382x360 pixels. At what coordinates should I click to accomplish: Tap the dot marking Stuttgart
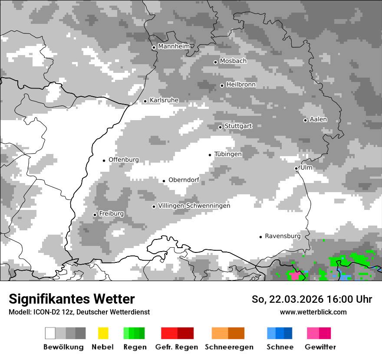[x=221, y=127]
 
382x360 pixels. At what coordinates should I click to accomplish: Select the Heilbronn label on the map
[x=241, y=85]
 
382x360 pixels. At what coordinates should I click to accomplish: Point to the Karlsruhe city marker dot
[x=145, y=101]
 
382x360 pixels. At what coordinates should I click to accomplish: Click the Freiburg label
[x=111, y=214]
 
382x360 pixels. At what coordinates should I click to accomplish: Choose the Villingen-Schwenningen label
[x=194, y=206]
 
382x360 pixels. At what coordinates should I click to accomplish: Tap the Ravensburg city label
[x=283, y=236]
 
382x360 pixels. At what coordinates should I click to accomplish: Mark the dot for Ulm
[x=296, y=168]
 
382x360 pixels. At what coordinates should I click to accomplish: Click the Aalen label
[x=318, y=119]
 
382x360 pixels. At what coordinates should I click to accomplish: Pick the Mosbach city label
[x=233, y=61]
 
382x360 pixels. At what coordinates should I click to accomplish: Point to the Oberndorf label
[x=184, y=180]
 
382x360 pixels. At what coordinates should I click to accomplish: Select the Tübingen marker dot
[x=210, y=155]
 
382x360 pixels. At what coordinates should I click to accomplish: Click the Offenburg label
[x=124, y=160]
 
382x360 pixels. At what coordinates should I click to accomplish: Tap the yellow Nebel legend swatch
[x=103, y=333]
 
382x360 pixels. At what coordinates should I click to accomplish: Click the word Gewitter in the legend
[x=320, y=347]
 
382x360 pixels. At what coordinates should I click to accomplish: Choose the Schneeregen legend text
[x=229, y=347]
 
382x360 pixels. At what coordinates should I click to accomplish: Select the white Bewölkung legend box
[x=50, y=333]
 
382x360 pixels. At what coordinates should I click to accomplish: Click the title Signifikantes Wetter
[x=72, y=299]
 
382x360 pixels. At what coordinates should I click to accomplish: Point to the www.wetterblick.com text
[x=313, y=312]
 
